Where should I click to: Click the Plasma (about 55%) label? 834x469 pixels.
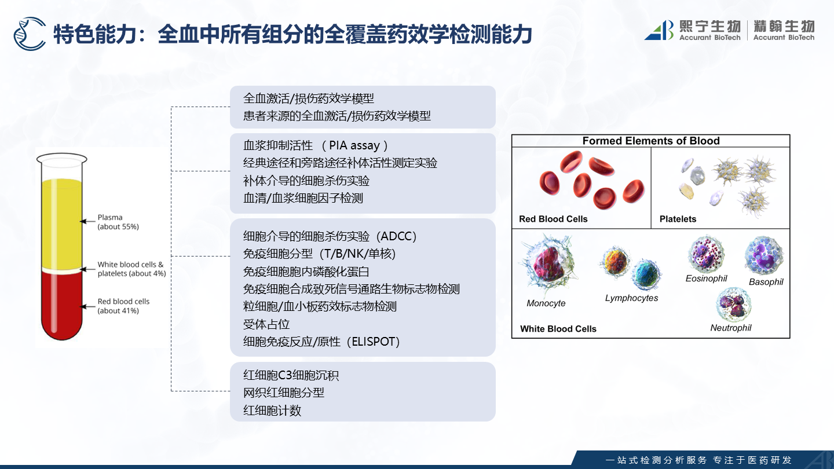pos(118,222)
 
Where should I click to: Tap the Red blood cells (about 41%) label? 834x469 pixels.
pos(123,306)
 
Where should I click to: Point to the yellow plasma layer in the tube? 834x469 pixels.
pos(62,223)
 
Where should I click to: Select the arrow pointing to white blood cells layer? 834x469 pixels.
pos(88,269)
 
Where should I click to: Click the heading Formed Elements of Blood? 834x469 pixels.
pos(651,141)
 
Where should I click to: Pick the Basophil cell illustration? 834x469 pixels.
pos(764,256)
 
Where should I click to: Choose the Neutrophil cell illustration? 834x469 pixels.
pos(733,305)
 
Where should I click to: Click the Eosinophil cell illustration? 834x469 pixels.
pos(706,254)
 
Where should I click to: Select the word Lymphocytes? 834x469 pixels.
pos(631,298)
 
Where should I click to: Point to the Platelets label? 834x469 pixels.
pos(678,219)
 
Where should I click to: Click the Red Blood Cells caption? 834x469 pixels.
pos(553,219)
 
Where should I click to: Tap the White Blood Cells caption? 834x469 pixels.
pos(558,329)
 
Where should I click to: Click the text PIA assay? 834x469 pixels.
pos(354,145)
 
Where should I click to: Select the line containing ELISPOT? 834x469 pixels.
pos(321,342)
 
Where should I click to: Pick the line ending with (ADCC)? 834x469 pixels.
pos(330,236)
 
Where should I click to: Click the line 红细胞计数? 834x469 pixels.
pos(272,411)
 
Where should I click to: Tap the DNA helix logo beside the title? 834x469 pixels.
pos(30,34)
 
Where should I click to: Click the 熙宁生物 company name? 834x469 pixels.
pos(710,27)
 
